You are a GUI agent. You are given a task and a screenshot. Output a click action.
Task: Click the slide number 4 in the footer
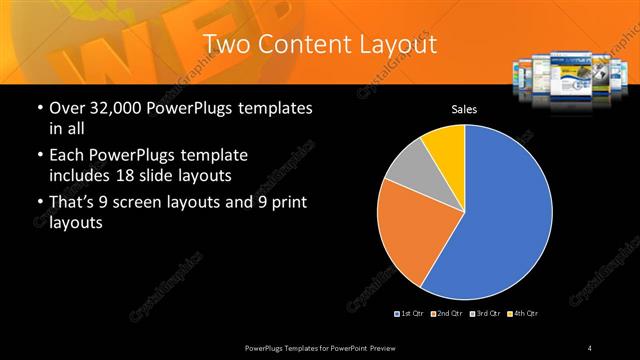(x=590, y=347)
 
